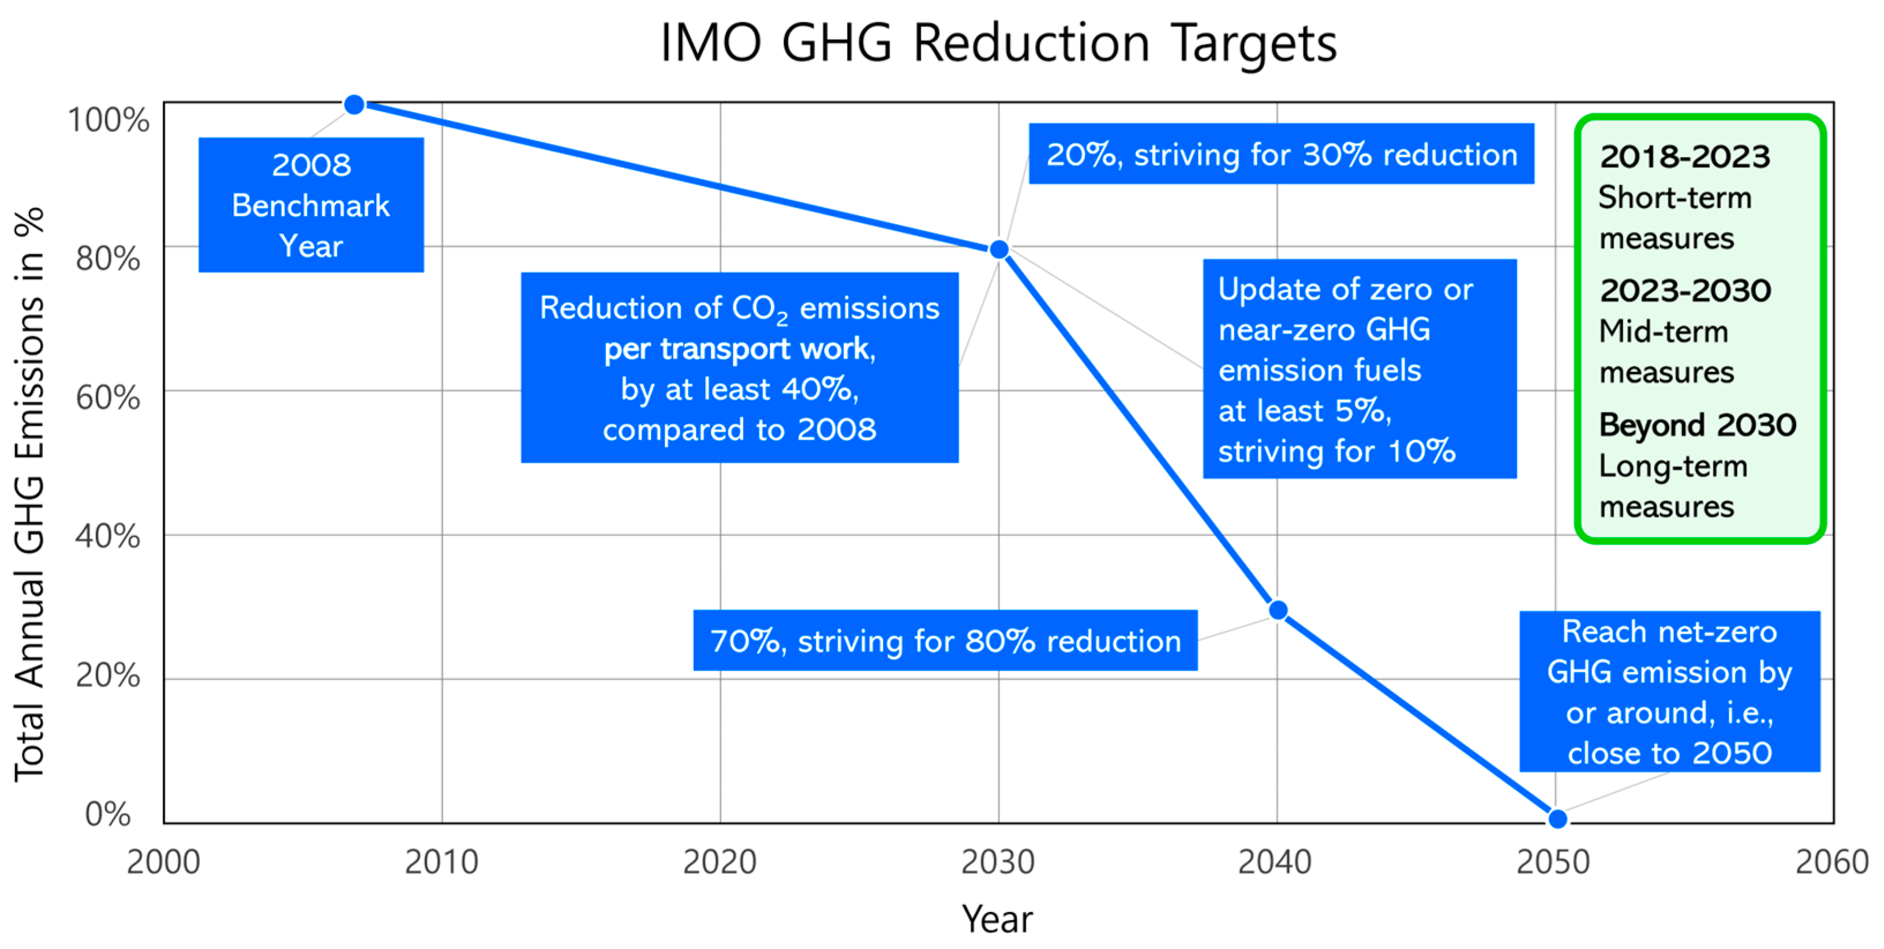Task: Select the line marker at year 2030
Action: coord(998,250)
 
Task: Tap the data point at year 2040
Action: coord(1278,610)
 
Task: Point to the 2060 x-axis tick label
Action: coord(1831,862)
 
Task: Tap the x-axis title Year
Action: coord(997,919)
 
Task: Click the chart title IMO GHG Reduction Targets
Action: coord(998,43)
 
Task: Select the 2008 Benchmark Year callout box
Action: coord(311,205)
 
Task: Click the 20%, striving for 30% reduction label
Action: coord(1282,154)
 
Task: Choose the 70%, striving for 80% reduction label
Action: coord(945,641)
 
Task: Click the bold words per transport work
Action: coord(739,350)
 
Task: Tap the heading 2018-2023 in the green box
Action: coord(1684,156)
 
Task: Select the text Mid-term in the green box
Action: coord(1663,332)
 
